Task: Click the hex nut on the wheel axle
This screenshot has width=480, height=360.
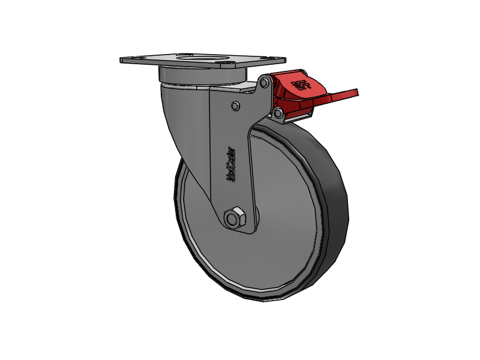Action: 235,218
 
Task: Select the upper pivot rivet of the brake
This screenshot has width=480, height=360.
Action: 264,83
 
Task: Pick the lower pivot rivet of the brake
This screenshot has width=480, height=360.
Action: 278,112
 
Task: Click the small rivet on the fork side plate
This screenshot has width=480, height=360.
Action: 235,106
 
